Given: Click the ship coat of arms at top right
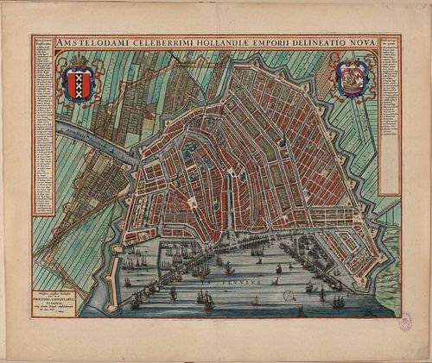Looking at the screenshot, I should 355,78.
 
